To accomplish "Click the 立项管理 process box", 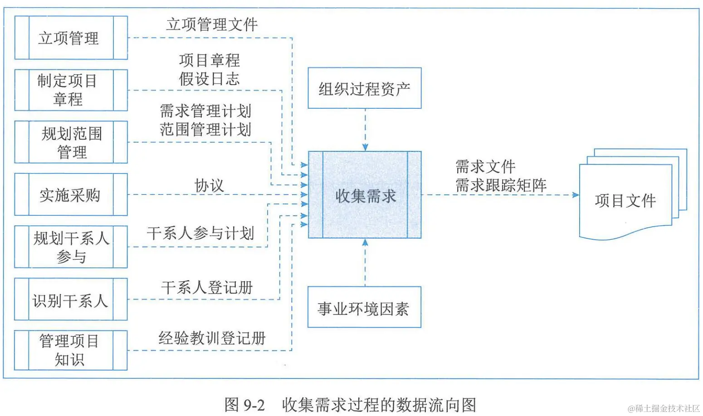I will coord(71,38).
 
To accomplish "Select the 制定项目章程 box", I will coord(71,90).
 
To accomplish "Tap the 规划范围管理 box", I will coord(71,142).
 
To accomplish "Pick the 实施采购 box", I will coord(71,195).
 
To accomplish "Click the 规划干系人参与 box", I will coord(71,247).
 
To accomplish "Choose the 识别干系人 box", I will coord(71,300).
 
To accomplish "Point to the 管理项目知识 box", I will coord(71,350).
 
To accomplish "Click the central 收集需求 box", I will coord(365,195).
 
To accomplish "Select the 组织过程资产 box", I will coord(365,88).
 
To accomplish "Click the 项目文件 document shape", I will coord(626,200).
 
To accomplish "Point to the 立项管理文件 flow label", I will coord(212,24).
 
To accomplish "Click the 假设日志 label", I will coord(209,79).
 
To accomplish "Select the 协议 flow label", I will coord(209,185).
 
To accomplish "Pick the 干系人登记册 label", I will coord(207,287).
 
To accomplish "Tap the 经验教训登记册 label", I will coord(212,338).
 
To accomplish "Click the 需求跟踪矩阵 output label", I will coord(501,185).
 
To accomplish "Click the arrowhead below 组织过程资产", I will coord(365,147).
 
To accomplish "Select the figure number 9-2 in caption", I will coord(254,405).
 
